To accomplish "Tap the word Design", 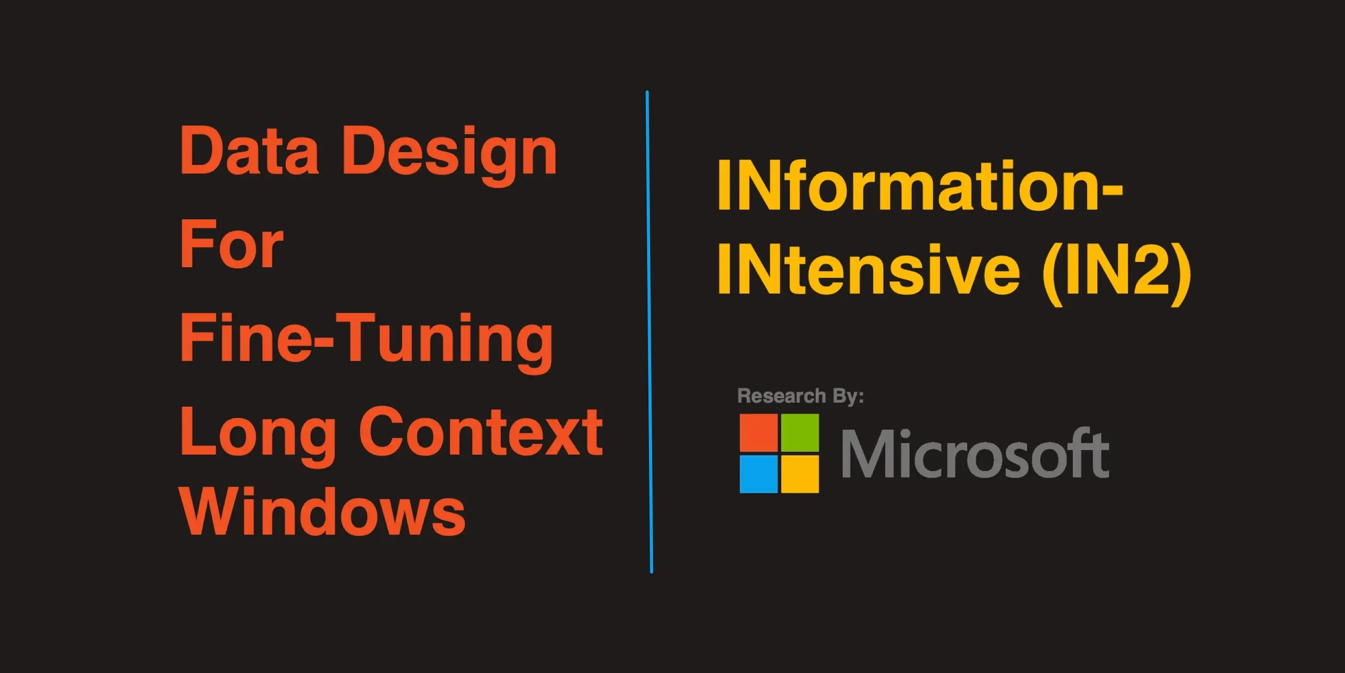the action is [x=449, y=155].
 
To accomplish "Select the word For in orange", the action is [x=231, y=243].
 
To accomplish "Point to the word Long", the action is [x=258, y=436].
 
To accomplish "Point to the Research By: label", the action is [x=801, y=396].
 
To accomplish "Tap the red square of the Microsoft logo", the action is [x=759, y=433].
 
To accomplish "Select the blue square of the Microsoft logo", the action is [x=759, y=474].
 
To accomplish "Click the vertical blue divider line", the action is [x=649, y=332].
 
